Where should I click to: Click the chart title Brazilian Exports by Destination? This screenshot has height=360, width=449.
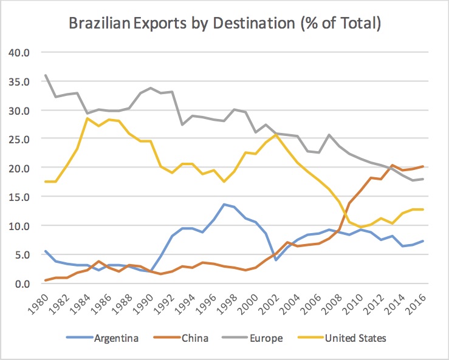point(224,25)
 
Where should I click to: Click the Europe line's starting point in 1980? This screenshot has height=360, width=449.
point(46,75)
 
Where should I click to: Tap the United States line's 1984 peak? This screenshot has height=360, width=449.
point(88,118)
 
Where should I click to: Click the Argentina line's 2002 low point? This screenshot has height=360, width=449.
point(276,260)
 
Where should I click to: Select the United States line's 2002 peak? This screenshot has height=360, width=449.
point(276,135)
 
